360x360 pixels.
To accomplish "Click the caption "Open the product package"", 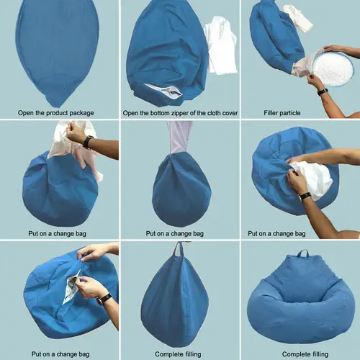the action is tap(56, 113).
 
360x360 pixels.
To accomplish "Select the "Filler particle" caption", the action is tap(282, 113).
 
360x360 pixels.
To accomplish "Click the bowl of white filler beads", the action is tap(333, 68).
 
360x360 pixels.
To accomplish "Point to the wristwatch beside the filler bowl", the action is tap(323, 91).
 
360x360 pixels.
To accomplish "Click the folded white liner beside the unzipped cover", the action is tap(220, 45).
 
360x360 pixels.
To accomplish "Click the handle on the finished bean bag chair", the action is tap(302, 253).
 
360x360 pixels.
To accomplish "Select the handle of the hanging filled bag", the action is tap(179, 249).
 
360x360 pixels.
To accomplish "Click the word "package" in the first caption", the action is tap(81, 113).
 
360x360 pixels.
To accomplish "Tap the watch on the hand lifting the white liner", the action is tap(88, 142).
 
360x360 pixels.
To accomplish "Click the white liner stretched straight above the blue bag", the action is tap(179, 137).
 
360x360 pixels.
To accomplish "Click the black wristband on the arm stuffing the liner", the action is tap(306, 196).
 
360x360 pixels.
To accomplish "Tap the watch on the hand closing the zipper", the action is tap(104, 298).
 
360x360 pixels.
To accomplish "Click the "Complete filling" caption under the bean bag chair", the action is tap(305, 354).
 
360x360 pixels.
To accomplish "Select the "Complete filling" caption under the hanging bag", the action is tap(178, 354).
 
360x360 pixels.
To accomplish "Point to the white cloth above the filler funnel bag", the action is tap(297, 18).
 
